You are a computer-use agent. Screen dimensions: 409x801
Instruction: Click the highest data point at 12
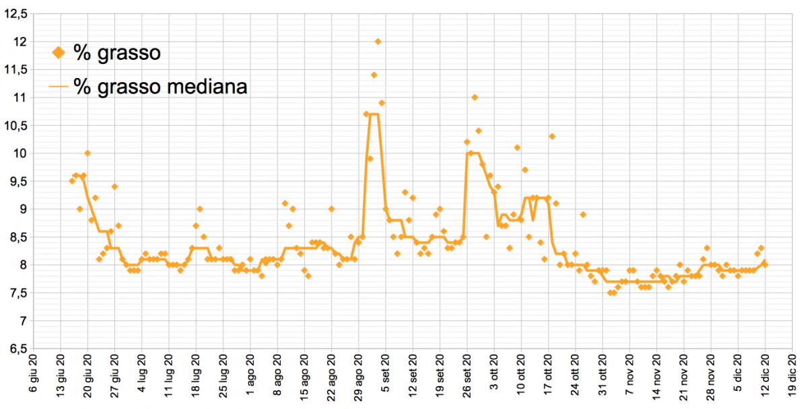point(378,42)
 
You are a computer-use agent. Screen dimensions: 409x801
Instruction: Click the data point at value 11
point(475,98)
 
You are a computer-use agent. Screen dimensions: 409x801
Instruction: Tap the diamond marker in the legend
point(59,53)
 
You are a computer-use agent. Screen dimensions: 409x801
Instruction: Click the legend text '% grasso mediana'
point(160,87)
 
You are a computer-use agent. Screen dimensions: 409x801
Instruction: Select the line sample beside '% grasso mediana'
point(59,87)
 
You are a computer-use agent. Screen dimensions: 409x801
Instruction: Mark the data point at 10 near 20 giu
point(88,153)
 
